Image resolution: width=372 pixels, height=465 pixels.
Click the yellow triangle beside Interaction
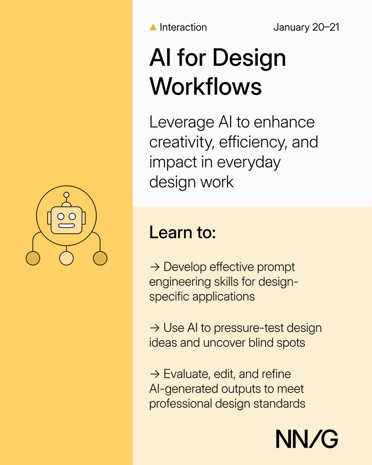pyautogui.click(x=153, y=28)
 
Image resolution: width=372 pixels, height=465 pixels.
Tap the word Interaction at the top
pyautogui.click(x=183, y=28)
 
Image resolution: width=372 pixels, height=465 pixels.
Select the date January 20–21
pyautogui.click(x=306, y=28)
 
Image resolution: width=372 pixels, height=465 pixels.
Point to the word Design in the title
pyautogui.click(x=249, y=58)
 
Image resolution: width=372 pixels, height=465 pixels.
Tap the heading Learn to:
pyautogui.click(x=182, y=232)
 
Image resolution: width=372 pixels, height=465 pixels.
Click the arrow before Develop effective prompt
pyautogui.click(x=154, y=267)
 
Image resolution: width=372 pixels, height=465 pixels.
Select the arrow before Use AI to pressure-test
pyautogui.click(x=154, y=328)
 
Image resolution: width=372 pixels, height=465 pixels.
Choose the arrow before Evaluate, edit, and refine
pyautogui.click(x=154, y=374)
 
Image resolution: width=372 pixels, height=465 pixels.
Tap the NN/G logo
pyautogui.click(x=307, y=439)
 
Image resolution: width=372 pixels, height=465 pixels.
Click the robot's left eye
pyautogui.click(x=61, y=216)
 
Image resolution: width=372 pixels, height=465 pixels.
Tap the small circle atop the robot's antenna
pyautogui.click(x=66, y=195)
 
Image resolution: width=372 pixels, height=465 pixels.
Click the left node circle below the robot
pyautogui.click(x=33, y=258)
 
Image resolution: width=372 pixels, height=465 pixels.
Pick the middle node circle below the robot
pyautogui.click(x=66, y=258)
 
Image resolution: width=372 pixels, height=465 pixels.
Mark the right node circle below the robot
pyautogui.click(x=100, y=258)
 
